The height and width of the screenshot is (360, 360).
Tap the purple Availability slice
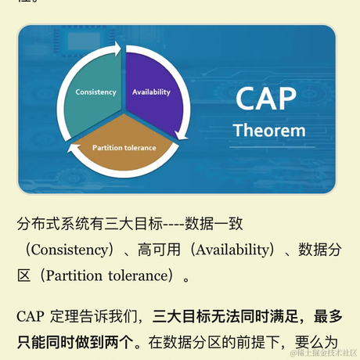153,82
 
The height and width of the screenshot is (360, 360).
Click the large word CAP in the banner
266,99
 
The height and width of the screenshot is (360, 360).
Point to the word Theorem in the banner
269,130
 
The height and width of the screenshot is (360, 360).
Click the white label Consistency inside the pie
95,92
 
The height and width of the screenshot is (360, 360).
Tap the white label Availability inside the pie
151,92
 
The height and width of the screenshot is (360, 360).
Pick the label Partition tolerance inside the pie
124,147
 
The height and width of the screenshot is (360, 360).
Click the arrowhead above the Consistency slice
118,49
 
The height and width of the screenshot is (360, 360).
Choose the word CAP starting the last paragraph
31,317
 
